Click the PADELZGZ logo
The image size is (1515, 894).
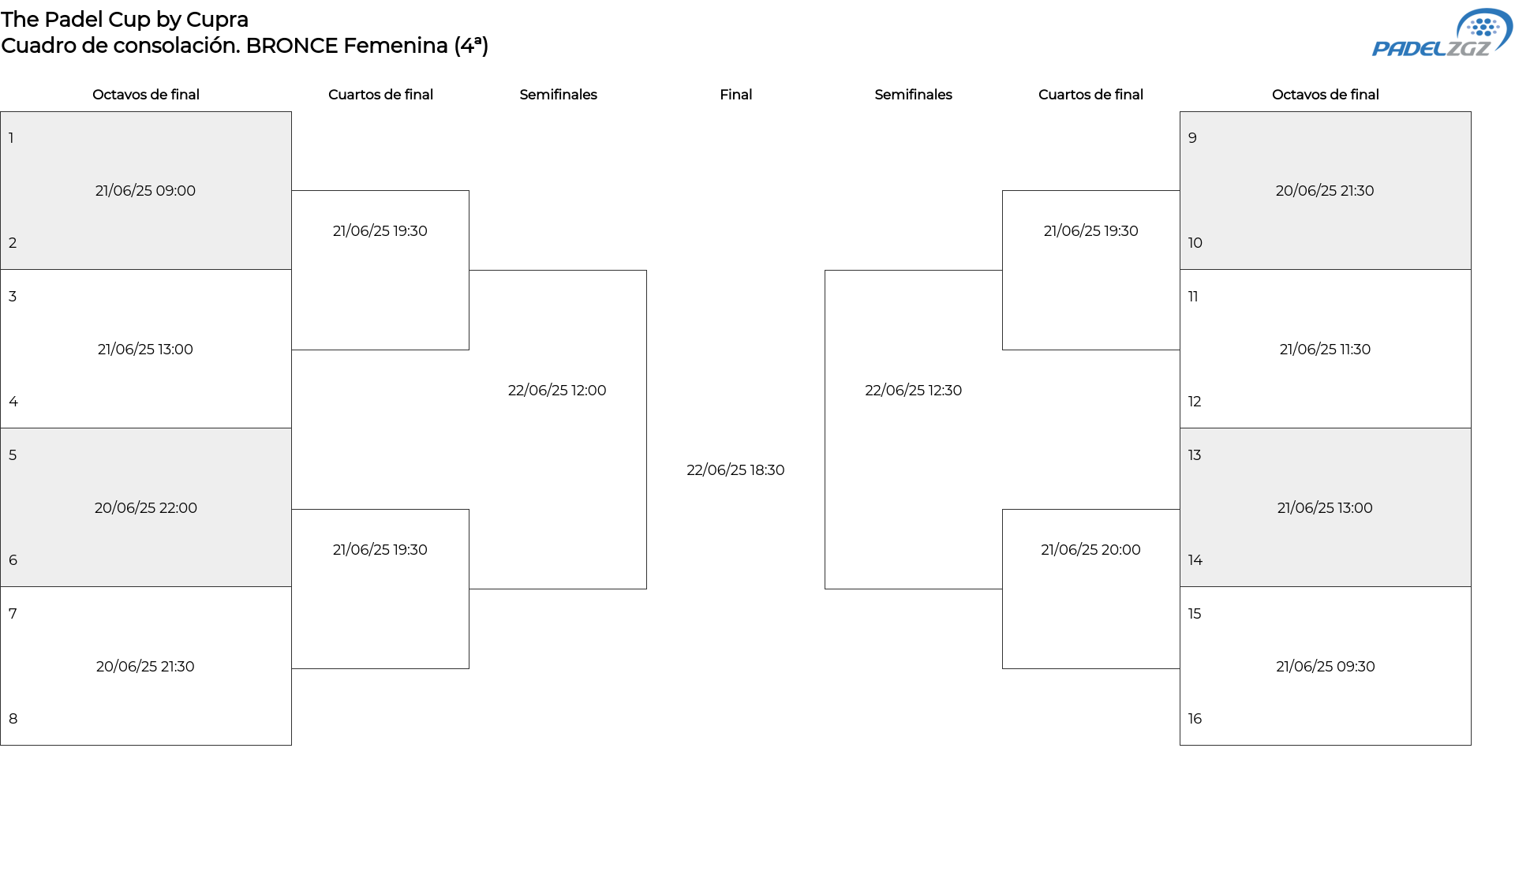click(x=1442, y=33)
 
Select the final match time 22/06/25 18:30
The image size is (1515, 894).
click(x=735, y=470)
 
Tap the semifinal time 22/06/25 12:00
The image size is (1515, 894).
click(x=557, y=391)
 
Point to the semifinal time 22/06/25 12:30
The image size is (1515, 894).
click(x=913, y=391)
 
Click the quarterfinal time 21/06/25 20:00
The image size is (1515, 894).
click(x=1090, y=550)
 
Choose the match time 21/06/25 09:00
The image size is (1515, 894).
click(x=145, y=191)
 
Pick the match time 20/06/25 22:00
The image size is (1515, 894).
click(x=146, y=508)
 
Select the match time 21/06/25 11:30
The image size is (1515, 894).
click(x=1325, y=350)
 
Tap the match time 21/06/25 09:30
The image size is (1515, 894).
click(x=1325, y=667)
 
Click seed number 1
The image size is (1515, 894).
click(x=11, y=138)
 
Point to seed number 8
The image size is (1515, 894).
click(x=13, y=719)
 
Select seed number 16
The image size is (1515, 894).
click(x=1195, y=719)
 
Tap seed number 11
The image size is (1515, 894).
click(x=1193, y=297)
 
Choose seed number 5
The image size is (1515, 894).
click(x=13, y=455)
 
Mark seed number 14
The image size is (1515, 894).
click(x=1195, y=560)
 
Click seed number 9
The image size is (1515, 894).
click(x=1192, y=138)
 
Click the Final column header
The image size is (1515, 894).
click(x=735, y=95)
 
